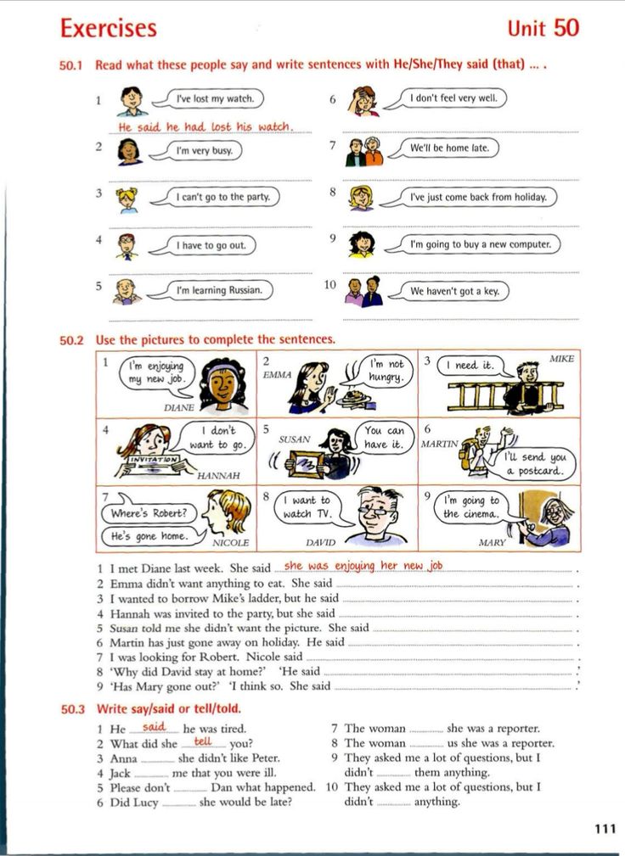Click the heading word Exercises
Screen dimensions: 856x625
[108, 28]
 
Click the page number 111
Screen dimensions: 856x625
[605, 830]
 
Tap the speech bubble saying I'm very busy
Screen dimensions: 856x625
[203, 150]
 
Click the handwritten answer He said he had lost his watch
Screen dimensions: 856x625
[205, 127]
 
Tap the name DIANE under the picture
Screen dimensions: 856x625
[178, 407]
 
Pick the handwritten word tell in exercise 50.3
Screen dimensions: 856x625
[203, 741]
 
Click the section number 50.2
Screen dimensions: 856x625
[72, 340]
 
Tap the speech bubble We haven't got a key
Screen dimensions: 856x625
[454, 291]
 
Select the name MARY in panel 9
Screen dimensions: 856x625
[492, 542]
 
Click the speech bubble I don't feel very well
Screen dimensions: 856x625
[453, 98]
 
